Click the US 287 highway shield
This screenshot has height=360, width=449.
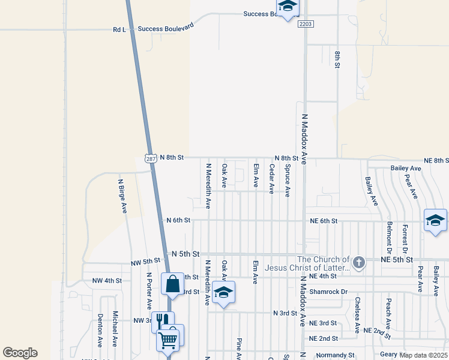pyautogui.click(x=151, y=157)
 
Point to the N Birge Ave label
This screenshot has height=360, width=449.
pyautogui.click(x=122, y=196)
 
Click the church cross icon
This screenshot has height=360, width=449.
pyautogui.click(x=358, y=262)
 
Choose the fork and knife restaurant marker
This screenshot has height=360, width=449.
pyautogui.click(x=162, y=321)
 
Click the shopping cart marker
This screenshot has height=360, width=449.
pyautogui.click(x=167, y=340)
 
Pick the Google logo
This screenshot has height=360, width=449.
pyautogui.click(x=20, y=353)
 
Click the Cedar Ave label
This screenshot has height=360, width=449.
pyautogui.click(x=272, y=179)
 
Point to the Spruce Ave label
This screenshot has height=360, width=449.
pyautogui.click(x=288, y=181)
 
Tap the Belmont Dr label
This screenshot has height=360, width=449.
pyautogui.click(x=390, y=235)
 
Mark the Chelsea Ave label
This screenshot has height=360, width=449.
pyautogui.click(x=357, y=315)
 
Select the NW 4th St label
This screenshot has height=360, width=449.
pyautogui.click(x=107, y=280)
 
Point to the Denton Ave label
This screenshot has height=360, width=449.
pyautogui.click(x=100, y=330)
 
